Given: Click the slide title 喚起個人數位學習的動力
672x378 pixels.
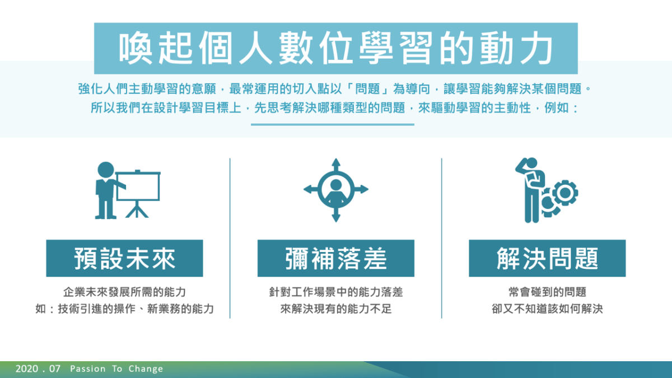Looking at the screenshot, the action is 335,48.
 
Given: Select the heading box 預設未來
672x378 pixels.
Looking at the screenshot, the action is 124,258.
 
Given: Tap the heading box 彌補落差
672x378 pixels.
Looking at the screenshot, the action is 335,258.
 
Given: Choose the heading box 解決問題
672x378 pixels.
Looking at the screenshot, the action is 547,258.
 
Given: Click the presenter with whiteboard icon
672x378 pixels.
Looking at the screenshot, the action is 128,190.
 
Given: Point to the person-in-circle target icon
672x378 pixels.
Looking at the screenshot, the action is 336,190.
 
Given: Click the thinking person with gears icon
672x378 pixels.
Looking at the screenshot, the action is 547,190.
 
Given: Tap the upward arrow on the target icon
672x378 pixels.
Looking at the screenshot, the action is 336,165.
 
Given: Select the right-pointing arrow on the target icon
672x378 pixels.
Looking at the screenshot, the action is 362,189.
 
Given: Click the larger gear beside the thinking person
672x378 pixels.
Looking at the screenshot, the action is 565,193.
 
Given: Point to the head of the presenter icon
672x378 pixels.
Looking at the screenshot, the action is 106,170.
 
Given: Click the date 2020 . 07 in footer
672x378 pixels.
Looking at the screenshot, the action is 38,368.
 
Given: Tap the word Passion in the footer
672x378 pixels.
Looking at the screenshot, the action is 87,368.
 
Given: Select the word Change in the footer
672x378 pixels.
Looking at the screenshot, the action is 146,369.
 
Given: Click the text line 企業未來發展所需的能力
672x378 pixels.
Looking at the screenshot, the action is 124,292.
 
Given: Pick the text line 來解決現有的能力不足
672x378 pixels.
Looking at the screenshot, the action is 336,309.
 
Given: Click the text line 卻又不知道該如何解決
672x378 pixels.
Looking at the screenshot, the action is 547,309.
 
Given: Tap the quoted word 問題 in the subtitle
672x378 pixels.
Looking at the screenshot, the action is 368,89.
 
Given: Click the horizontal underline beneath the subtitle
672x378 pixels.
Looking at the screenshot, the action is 333,124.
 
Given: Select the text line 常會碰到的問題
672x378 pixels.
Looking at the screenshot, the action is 547,292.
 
